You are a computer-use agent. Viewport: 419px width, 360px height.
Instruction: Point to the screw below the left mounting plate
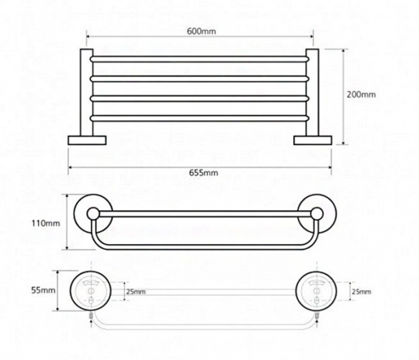click(91, 317)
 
